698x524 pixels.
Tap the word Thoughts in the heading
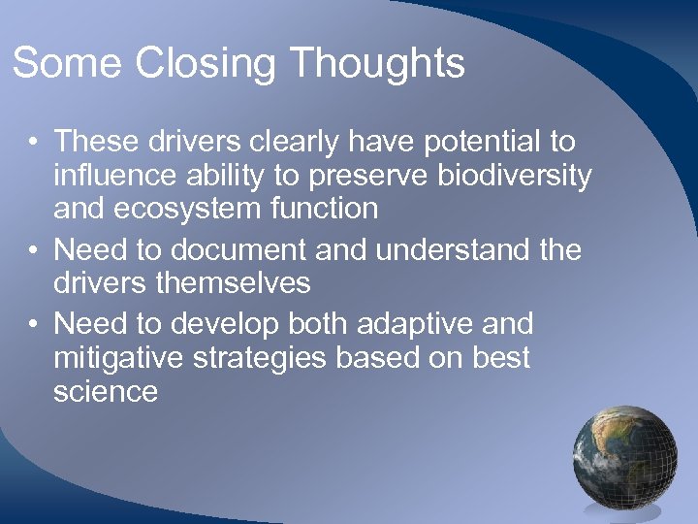click(x=377, y=64)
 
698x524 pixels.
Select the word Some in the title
click(x=68, y=64)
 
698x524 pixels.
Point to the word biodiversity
click(x=511, y=176)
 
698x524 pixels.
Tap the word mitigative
click(x=113, y=357)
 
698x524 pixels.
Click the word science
click(x=106, y=391)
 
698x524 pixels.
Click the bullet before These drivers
click(x=33, y=143)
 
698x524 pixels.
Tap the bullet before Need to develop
click(x=33, y=323)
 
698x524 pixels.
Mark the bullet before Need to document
click(x=33, y=250)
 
